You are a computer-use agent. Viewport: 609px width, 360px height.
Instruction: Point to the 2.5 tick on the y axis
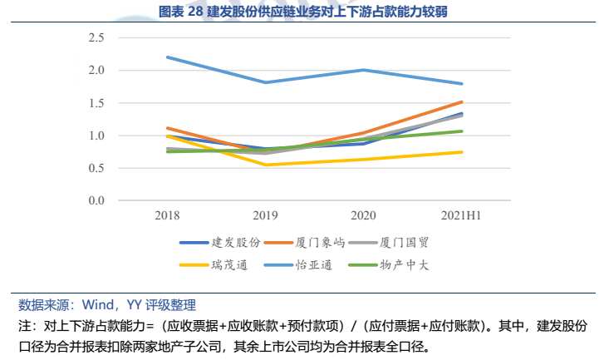[x=96, y=38]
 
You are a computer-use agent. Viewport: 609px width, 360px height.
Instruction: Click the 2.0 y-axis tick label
[x=96, y=71]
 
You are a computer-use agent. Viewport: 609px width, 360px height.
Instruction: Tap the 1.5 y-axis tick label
[x=96, y=103]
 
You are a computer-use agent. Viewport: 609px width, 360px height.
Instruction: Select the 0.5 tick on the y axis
[x=96, y=168]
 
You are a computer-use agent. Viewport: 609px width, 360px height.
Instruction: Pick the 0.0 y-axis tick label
[x=96, y=200]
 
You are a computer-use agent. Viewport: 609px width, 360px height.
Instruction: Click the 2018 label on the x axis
[x=168, y=215]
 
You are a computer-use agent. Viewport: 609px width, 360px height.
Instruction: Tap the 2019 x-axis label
[x=265, y=215]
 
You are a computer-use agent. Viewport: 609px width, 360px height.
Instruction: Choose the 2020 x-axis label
[x=363, y=215]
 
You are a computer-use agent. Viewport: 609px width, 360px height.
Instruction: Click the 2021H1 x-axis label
[x=461, y=215]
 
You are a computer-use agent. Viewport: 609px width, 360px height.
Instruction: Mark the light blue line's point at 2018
[x=168, y=57]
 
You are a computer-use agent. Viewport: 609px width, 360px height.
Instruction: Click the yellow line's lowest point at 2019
[x=265, y=165]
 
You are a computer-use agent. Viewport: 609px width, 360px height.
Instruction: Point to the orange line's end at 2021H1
[x=461, y=102]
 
